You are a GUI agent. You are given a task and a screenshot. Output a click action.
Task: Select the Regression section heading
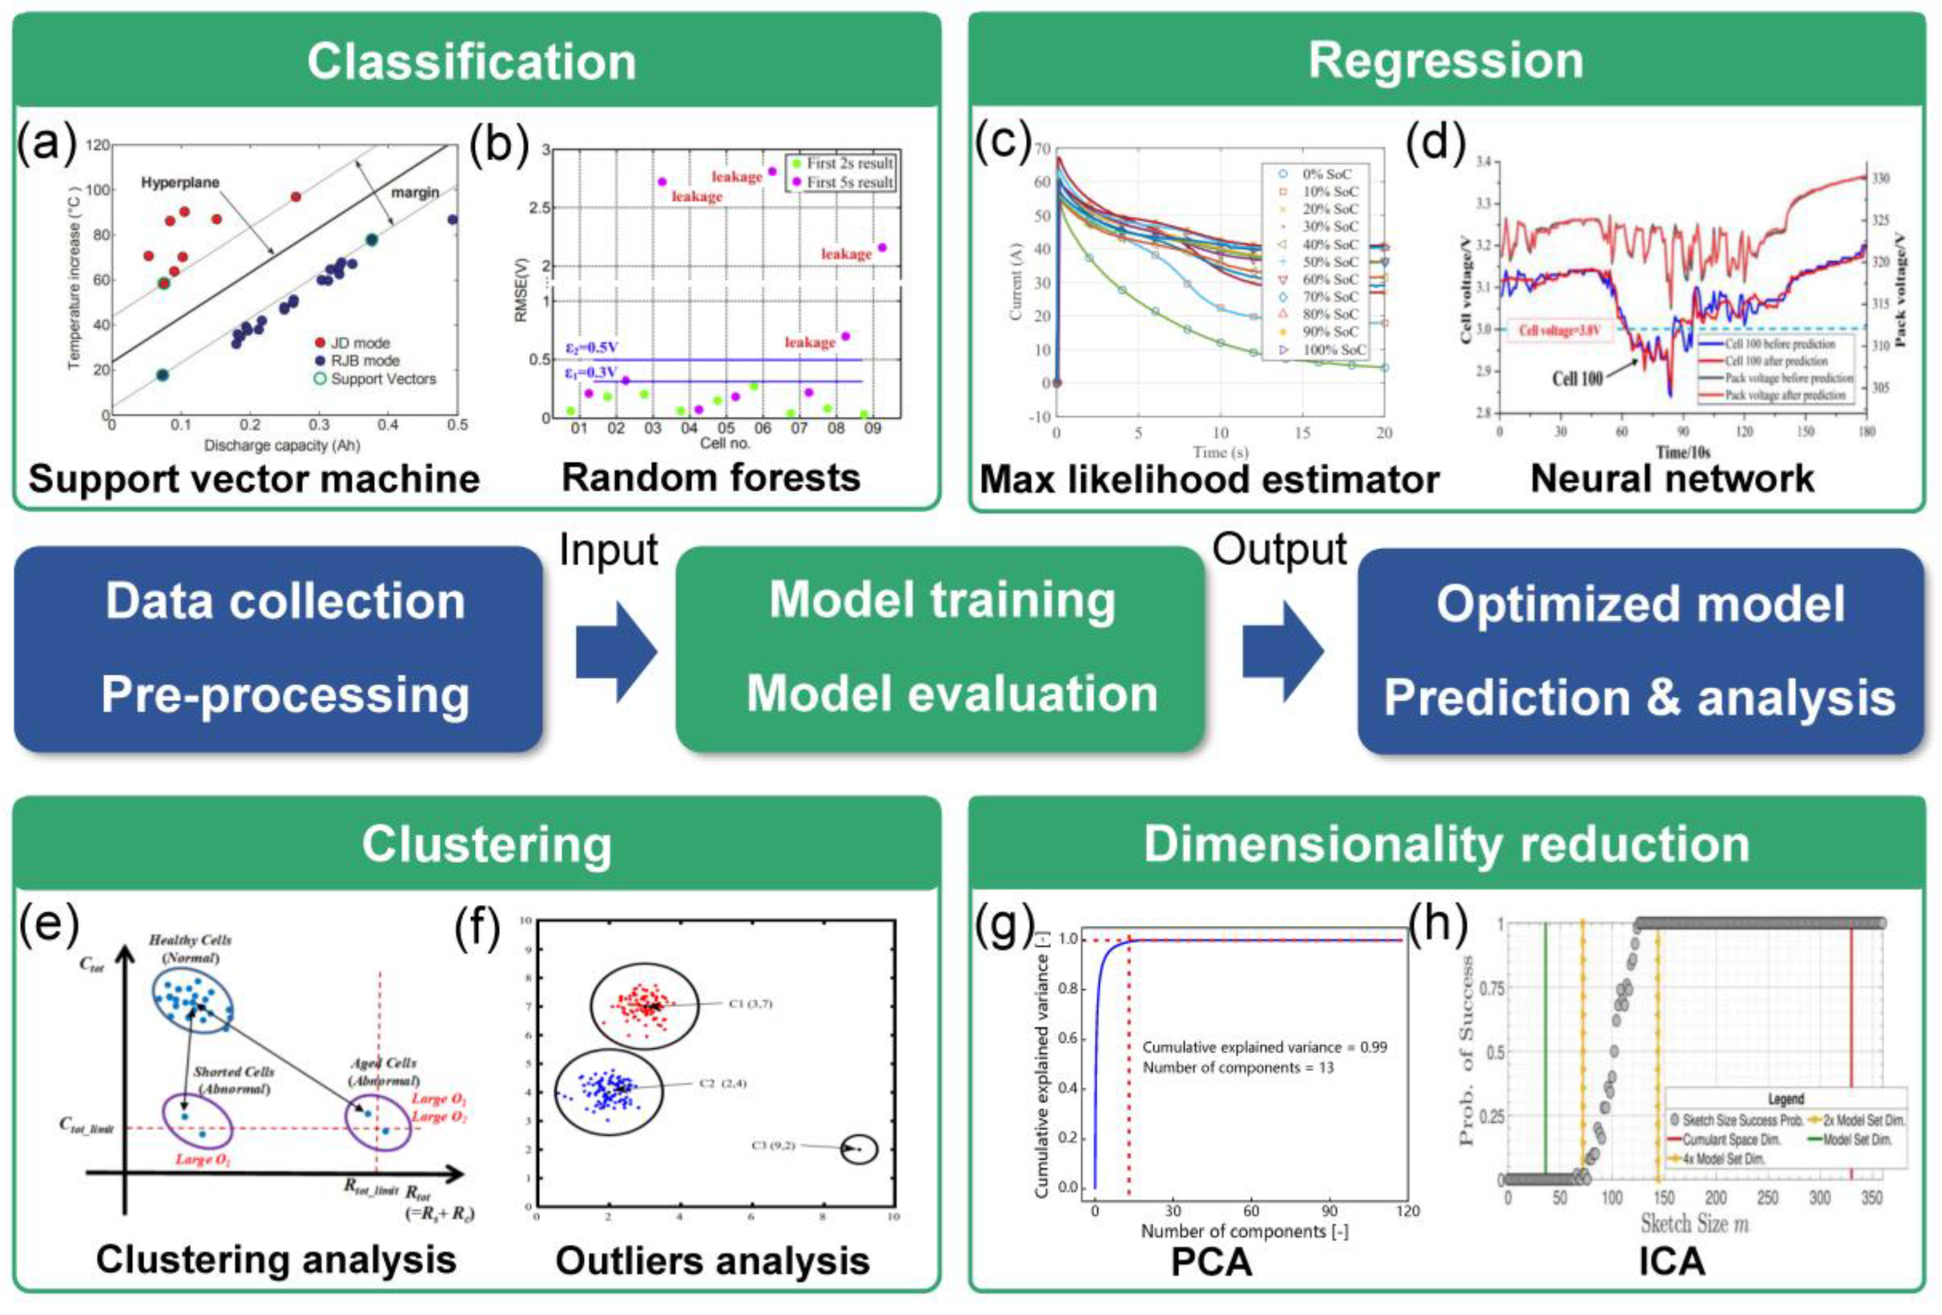point(1446,60)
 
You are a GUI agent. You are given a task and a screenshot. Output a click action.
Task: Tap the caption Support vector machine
point(254,479)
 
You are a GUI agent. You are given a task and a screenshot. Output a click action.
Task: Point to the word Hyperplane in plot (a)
point(180,182)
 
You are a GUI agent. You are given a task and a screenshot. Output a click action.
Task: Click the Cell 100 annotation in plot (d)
point(1577,379)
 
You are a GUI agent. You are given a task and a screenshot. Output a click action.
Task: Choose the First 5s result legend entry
point(849,181)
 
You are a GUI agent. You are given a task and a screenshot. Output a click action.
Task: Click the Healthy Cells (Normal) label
point(190,948)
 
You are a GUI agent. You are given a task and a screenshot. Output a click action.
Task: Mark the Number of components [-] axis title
point(1244,1231)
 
